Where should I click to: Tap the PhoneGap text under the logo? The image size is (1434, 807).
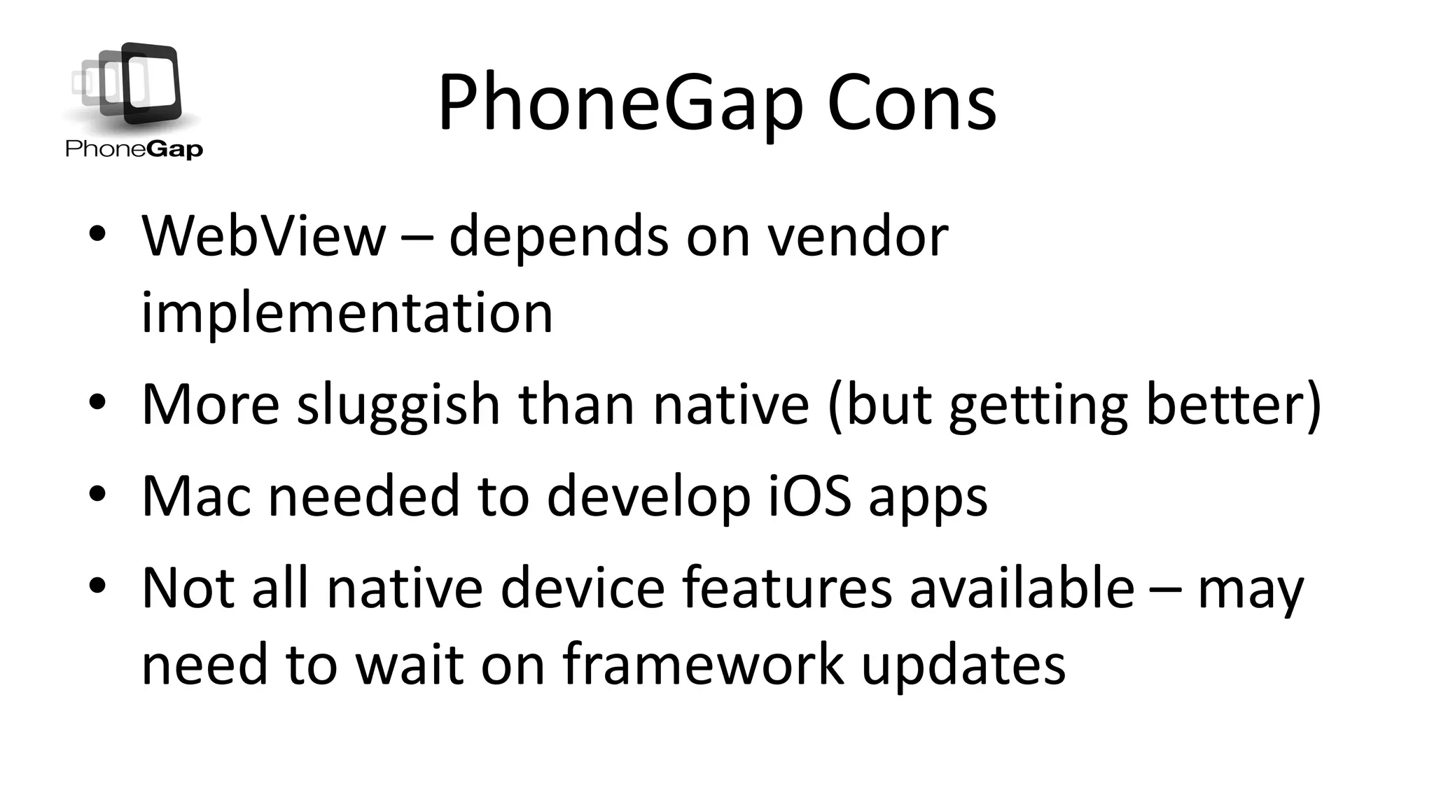click(x=134, y=149)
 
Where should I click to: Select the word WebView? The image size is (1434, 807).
click(x=263, y=236)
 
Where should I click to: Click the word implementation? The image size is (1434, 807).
click(x=347, y=313)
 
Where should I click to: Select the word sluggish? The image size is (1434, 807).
click(x=398, y=405)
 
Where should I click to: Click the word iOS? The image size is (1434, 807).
click(x=810, y=496)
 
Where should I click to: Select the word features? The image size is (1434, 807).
click(x=787, y=588)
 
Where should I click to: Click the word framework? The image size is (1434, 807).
click(x=703, y=664)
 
